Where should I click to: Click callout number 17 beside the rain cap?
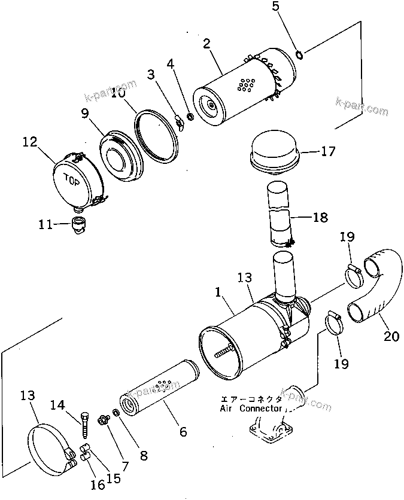point(329,152)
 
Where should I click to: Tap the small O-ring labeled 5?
point(299,56)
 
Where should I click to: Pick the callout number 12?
point(30,142)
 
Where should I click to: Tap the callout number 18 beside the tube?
point(320,218)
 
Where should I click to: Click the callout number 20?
point(391,337)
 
